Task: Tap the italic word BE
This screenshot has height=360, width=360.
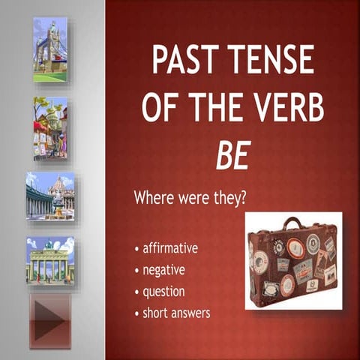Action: click(x=232, y=154)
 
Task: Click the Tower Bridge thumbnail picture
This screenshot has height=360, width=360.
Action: click(x=50, y=49)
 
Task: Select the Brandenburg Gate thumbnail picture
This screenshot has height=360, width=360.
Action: click(x=50, y=260)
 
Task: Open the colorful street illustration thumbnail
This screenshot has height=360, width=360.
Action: click(x=50, y=128)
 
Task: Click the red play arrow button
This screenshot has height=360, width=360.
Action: click(x=49, y=321)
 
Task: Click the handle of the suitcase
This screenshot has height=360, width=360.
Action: click(x=292, y=223)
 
